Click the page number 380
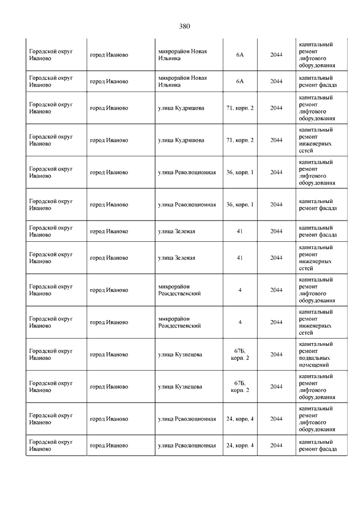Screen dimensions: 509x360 [185, 26]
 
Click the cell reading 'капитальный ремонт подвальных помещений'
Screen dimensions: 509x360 [316, 354]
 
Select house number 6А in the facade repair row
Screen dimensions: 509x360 [240, 82]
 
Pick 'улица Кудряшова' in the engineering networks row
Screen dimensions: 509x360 [181, 140]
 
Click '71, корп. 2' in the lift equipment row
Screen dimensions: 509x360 [240, 107]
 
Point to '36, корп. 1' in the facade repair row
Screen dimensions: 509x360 [240, 204]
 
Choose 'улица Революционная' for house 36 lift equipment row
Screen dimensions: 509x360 [187, 172]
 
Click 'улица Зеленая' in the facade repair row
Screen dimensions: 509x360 [177, 231]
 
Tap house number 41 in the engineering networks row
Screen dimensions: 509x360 [240, 258]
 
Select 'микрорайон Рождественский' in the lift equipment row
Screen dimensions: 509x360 [179, 290]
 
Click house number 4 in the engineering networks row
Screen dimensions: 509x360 [240, 322]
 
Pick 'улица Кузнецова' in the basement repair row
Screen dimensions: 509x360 [180, 354]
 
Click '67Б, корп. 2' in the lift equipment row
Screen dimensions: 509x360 [240, 386]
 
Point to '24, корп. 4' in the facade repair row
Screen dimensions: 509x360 [240, 445]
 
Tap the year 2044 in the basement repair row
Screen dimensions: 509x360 [276, 354]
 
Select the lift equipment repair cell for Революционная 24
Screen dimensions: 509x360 [316, 419]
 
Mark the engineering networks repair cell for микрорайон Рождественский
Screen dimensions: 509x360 [316, 322]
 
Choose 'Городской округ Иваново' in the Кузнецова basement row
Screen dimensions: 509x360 [51, 354]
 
